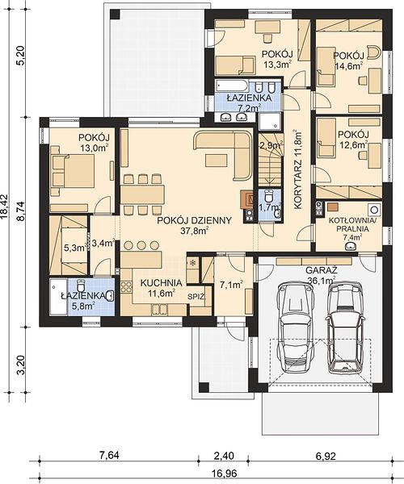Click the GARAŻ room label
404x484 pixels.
tap(321, 270)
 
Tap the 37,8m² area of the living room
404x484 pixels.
tap(194, 231)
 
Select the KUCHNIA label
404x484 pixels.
tap(161, 283)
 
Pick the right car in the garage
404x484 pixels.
tap(345, 329)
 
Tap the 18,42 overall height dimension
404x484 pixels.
tap(5, 207)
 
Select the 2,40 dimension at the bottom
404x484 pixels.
tap(224, 456)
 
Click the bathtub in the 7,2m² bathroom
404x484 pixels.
tap(230, 85)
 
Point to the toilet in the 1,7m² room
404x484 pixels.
tap(268, 195)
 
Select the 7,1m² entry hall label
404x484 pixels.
tap(231, 285)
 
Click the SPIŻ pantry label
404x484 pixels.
tap(197, 297)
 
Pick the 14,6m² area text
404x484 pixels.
tap(349, 65)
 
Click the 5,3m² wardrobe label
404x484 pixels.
tap(75, 248)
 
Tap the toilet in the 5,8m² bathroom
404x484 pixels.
tap(81, 286)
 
